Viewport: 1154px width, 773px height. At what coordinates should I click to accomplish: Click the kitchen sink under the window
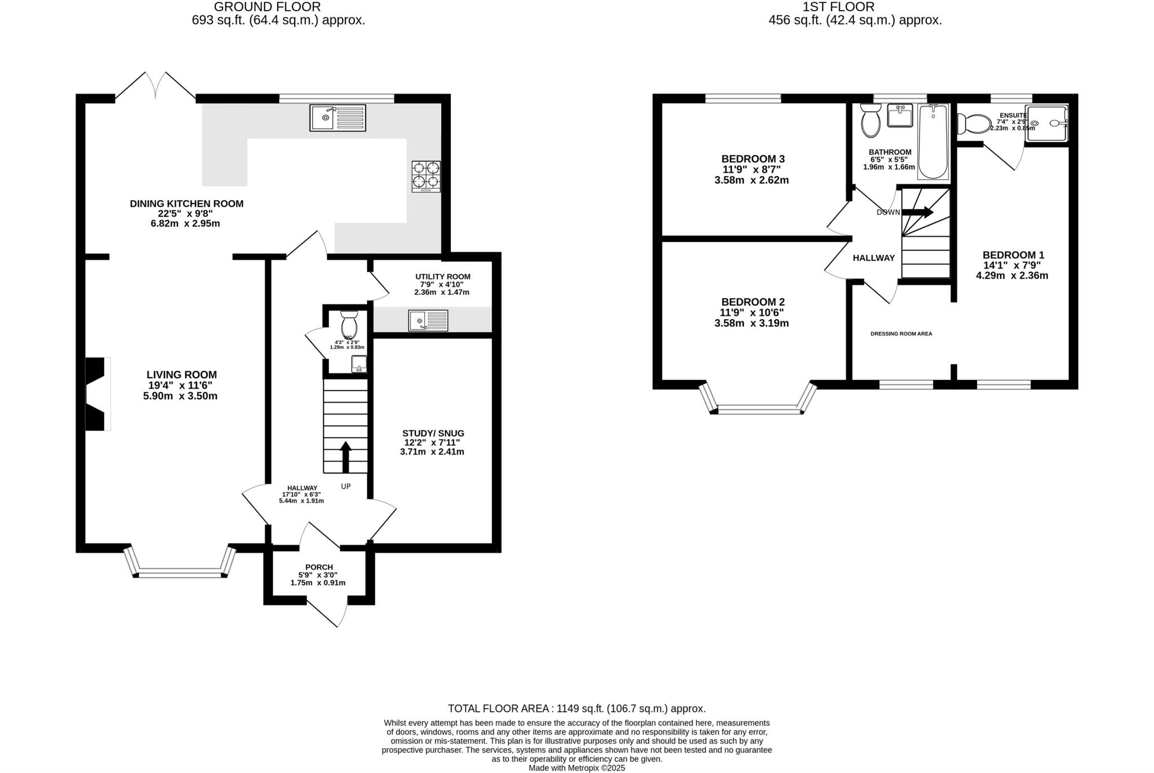(338, 118)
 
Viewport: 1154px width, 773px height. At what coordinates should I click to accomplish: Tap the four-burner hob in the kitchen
(426, 176)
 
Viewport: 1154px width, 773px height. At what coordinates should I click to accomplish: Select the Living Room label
(181, 374)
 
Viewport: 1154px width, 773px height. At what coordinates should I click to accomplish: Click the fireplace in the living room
(96, 394)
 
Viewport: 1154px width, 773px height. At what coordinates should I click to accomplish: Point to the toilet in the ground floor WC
(349, 324)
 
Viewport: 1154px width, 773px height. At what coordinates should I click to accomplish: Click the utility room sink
(428, 320)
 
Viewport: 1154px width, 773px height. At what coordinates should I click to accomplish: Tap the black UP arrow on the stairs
(345, 456)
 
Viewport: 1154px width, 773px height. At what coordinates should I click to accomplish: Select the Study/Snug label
(433, 433)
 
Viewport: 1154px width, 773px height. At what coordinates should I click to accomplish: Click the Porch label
(319, 567)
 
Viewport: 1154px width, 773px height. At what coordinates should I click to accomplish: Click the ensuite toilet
(975, 123)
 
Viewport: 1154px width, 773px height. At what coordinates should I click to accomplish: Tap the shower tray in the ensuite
(1046, 123)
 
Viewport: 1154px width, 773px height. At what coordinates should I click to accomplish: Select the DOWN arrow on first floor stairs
(917, 212)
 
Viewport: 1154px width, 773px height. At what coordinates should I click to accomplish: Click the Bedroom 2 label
(752, 302)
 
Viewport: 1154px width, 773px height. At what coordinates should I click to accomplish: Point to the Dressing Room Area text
(901, 334)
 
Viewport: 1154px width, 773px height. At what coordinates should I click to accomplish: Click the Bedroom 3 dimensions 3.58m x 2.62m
(751, 180)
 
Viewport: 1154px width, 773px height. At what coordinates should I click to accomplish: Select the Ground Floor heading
(267, 7)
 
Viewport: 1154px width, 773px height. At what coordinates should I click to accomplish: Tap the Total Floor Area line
(576, 709)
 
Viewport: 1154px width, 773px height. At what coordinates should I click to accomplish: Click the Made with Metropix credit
(576, 768)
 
